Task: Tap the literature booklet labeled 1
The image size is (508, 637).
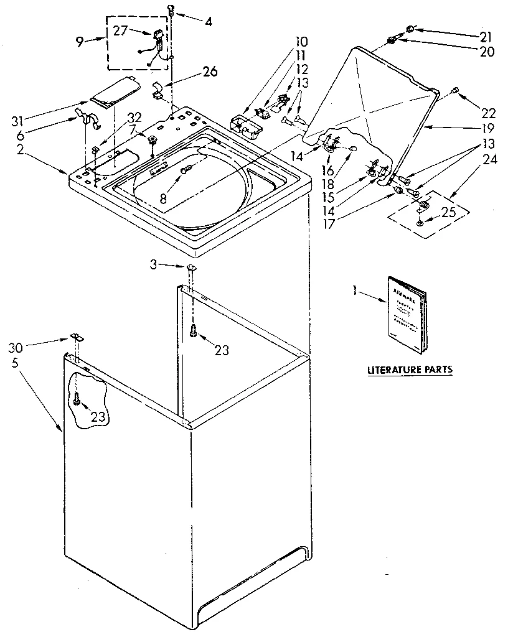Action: tap(408, 314)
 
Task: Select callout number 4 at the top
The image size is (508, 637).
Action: tap(208, 22)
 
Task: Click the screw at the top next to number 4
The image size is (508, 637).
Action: tap(171, 9)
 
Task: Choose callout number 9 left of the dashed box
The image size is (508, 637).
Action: tap(79, 42)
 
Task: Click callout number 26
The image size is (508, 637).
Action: tap(210, 72)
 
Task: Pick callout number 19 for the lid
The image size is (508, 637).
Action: tap(487, 129)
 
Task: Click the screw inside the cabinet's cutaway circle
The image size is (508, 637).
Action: tap(77, 400)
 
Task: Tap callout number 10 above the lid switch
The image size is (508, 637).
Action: tap(301, 42)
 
